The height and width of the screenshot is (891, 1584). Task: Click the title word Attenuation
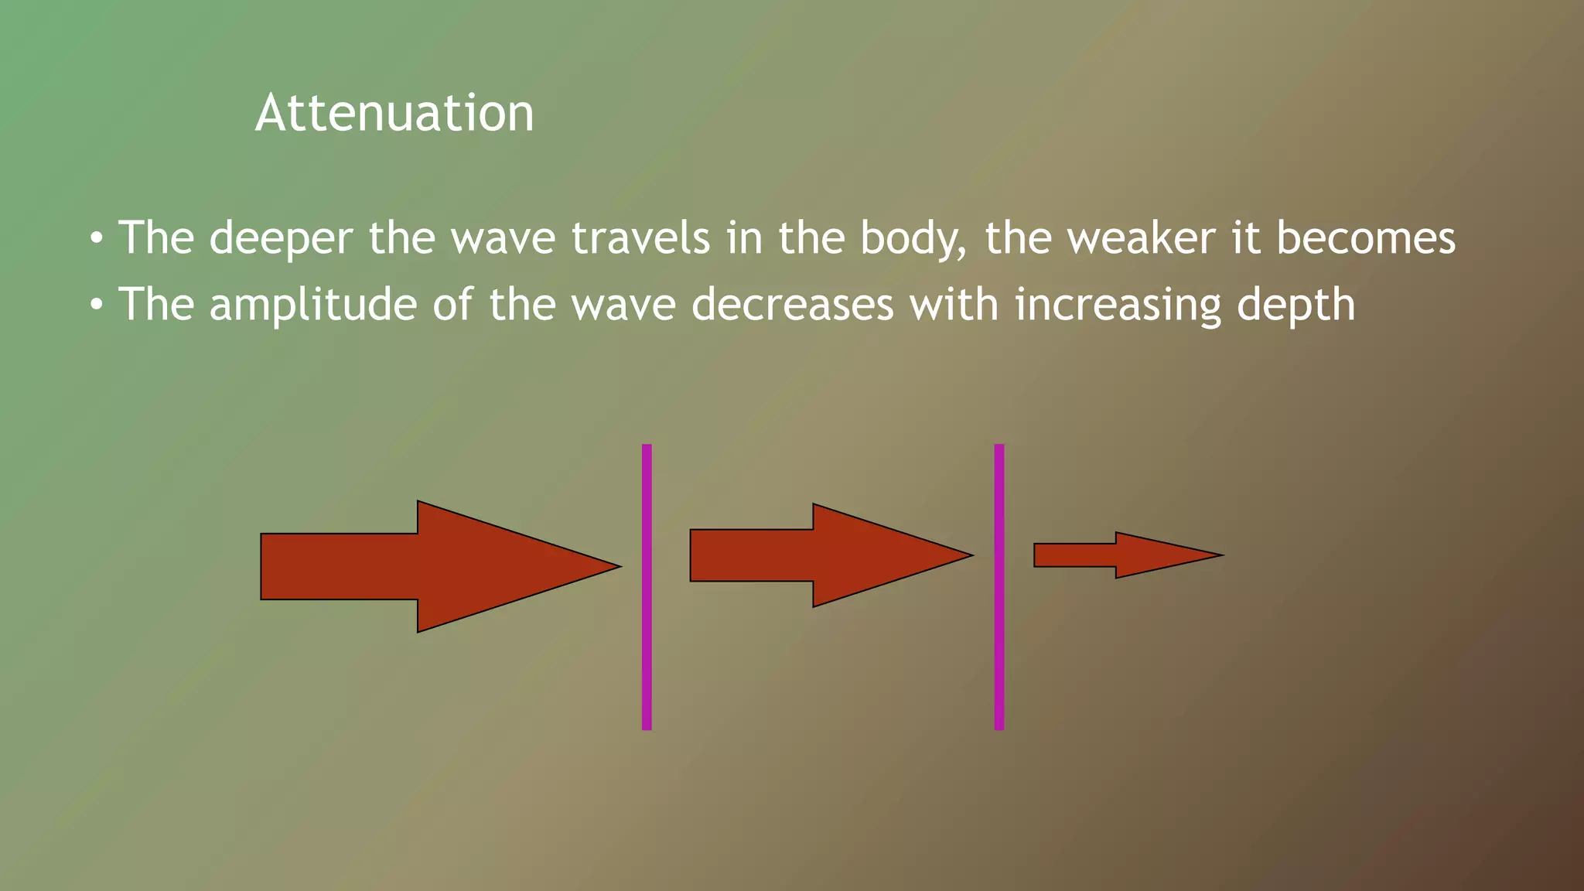[394, 114]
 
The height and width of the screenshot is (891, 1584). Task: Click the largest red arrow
[418, 566]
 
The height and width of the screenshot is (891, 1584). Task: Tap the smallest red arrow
[1114, 555]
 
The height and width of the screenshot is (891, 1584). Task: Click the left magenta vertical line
[647, 588]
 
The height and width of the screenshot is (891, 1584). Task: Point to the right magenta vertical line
[999, 588]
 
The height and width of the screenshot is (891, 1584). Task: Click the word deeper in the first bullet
[281, 239]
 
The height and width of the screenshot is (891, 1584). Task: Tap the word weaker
[1140, 237]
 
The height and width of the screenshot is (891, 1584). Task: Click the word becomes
[1365, 237]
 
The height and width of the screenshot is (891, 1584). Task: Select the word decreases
[792, 305]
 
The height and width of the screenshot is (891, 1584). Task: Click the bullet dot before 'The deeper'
[95, 238]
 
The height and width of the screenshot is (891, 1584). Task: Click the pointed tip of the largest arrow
[617, 566]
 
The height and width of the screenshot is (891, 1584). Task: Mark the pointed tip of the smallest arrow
[1220, 555]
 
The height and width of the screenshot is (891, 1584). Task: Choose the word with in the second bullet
[954, 304]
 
